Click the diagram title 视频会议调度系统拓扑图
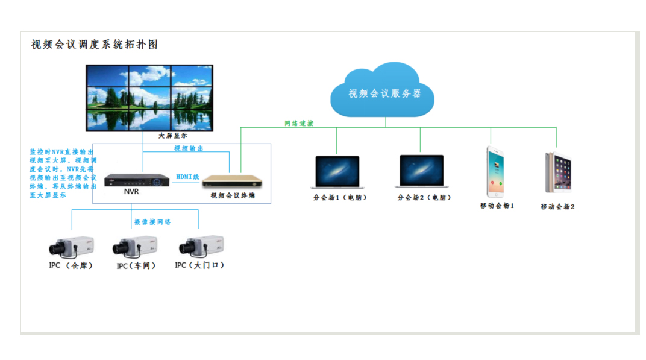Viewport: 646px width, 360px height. tap(95, 45)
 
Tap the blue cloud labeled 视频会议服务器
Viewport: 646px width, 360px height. tap(382, 90)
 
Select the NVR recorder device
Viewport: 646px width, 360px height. tap(137, 180)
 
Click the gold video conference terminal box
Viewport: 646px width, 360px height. tap(233, 181)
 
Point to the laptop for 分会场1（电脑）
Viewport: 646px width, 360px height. tap(337, 172)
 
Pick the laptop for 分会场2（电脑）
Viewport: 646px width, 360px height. tap(422, 171)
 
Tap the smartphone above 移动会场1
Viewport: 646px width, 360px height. tap(495, 172)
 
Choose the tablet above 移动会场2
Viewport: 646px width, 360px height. tap(558, 172)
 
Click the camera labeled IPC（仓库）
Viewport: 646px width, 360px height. tap(71, 247)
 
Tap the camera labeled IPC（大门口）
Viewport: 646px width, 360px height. tap(201, 246)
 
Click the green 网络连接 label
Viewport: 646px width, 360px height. tap(299, 123)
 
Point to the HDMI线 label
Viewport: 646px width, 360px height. tap(187, 177)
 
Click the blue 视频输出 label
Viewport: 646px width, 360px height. tap(189, 148)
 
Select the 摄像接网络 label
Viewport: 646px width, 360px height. tap(152, 222)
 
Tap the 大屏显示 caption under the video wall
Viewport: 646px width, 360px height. tap(173, 136)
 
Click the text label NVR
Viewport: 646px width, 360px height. tap(131, 192)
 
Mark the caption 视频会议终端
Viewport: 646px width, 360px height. tap(233, 195)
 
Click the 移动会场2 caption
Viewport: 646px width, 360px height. tap(557, 207)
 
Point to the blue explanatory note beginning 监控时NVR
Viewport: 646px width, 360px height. tap(63, 174)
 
